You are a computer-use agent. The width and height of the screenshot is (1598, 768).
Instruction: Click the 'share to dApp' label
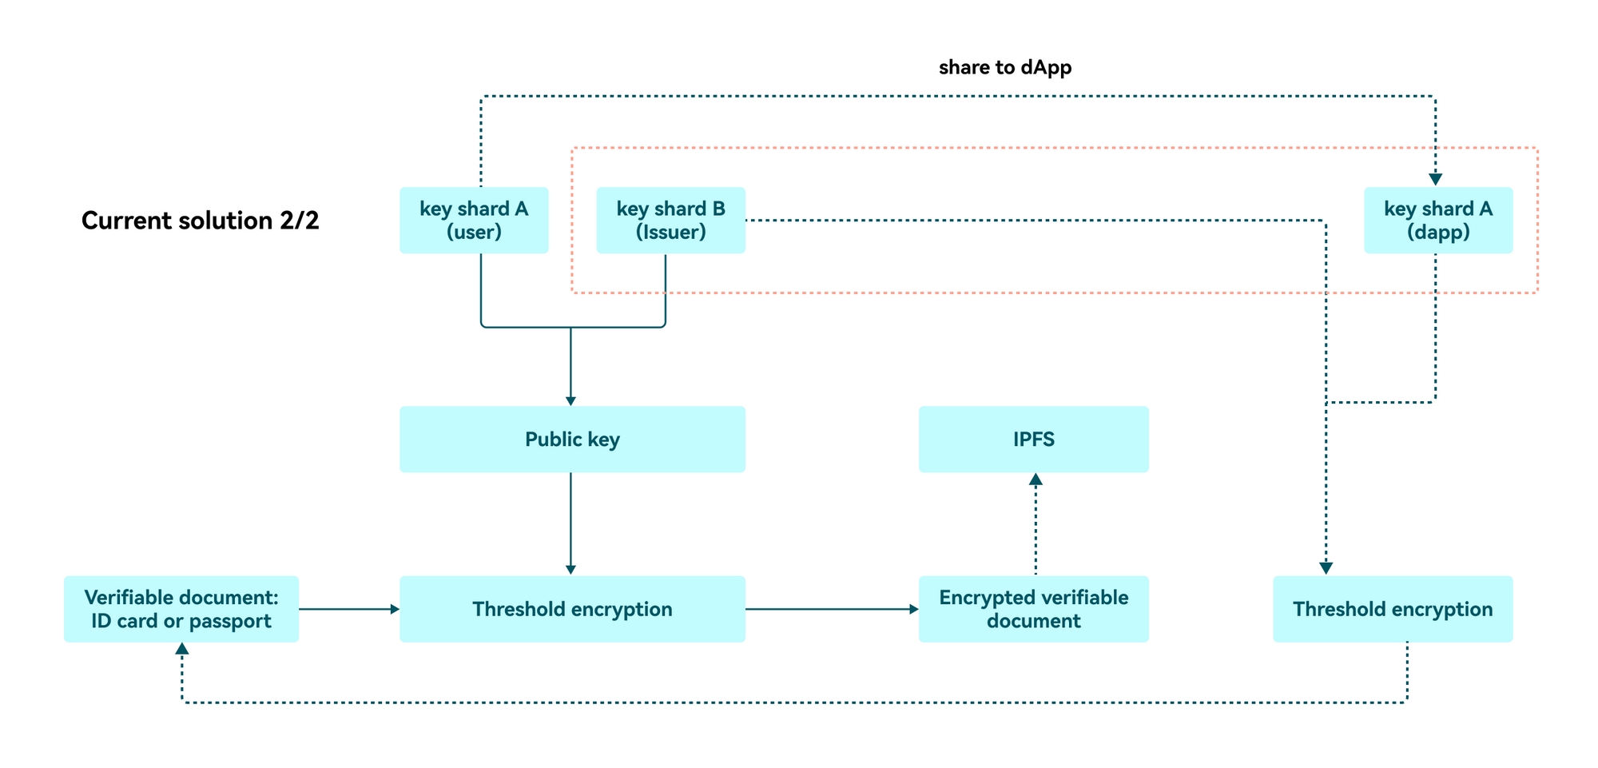click(1004, 68)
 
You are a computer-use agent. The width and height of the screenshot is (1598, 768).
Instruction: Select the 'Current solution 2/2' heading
click(200, 221)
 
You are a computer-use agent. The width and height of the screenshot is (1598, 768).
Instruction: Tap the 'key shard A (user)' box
click(474, 221)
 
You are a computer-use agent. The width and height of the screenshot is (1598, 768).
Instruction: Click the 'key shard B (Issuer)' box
click(670, 221)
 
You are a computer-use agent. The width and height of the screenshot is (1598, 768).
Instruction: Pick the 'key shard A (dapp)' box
click(1437, 221)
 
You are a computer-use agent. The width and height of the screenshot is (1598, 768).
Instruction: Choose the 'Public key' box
click(572, 440)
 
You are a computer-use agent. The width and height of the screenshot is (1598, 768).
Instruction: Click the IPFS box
click(1033, 440)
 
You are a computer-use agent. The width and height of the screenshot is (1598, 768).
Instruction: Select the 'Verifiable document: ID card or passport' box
click(181, 609)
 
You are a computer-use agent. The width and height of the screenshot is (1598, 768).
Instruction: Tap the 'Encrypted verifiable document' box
click(1033, 609)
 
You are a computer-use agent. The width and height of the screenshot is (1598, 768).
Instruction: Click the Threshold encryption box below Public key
click(572, 609)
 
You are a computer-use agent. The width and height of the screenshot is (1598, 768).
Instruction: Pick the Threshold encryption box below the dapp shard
click(1392, 609)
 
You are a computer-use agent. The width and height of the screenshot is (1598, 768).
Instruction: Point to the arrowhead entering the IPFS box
click(1036, 480)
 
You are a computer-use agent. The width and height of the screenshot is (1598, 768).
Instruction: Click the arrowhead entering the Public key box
click(570, 400)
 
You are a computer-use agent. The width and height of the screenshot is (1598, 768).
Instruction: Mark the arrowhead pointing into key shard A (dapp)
click(1435, 180)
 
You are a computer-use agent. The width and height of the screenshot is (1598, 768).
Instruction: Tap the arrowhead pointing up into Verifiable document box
click(182, 649)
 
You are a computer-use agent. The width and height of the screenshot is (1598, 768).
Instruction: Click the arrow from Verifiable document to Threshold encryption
click(349, 609)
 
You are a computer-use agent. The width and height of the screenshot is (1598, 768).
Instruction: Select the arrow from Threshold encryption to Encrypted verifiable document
click(831, 609)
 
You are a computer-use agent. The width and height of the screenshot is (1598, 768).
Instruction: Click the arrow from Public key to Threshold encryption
click(570, 523)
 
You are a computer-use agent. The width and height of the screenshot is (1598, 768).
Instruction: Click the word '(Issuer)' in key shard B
click(670, 233)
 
